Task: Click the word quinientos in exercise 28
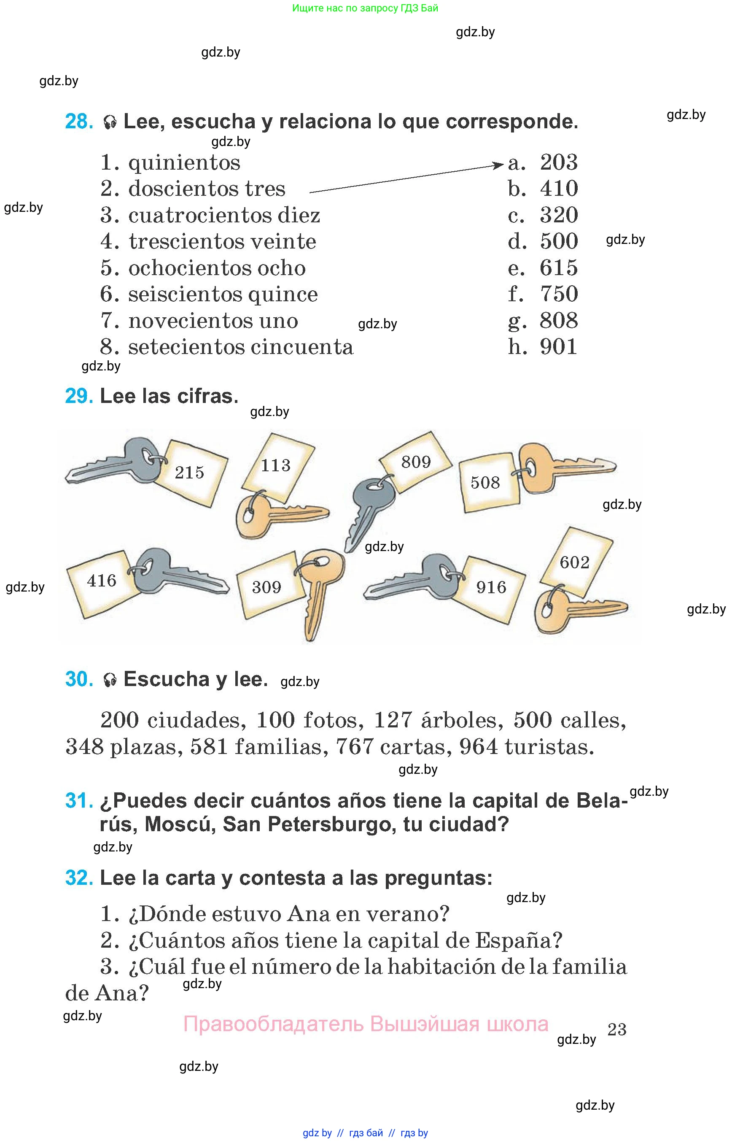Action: [x=184, y=163]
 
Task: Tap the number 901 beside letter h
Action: [x=559, y=347]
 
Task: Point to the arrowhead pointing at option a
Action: [x=498, y=165]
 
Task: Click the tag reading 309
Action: [x=268, y=588]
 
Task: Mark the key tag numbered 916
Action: [x=492, y=589]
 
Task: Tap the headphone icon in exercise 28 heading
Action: [x=110, y=122]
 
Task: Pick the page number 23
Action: [x=617, y=1030]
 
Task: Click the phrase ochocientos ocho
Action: [x=217, y=268]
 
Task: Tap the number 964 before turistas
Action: [x=478, y=747]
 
